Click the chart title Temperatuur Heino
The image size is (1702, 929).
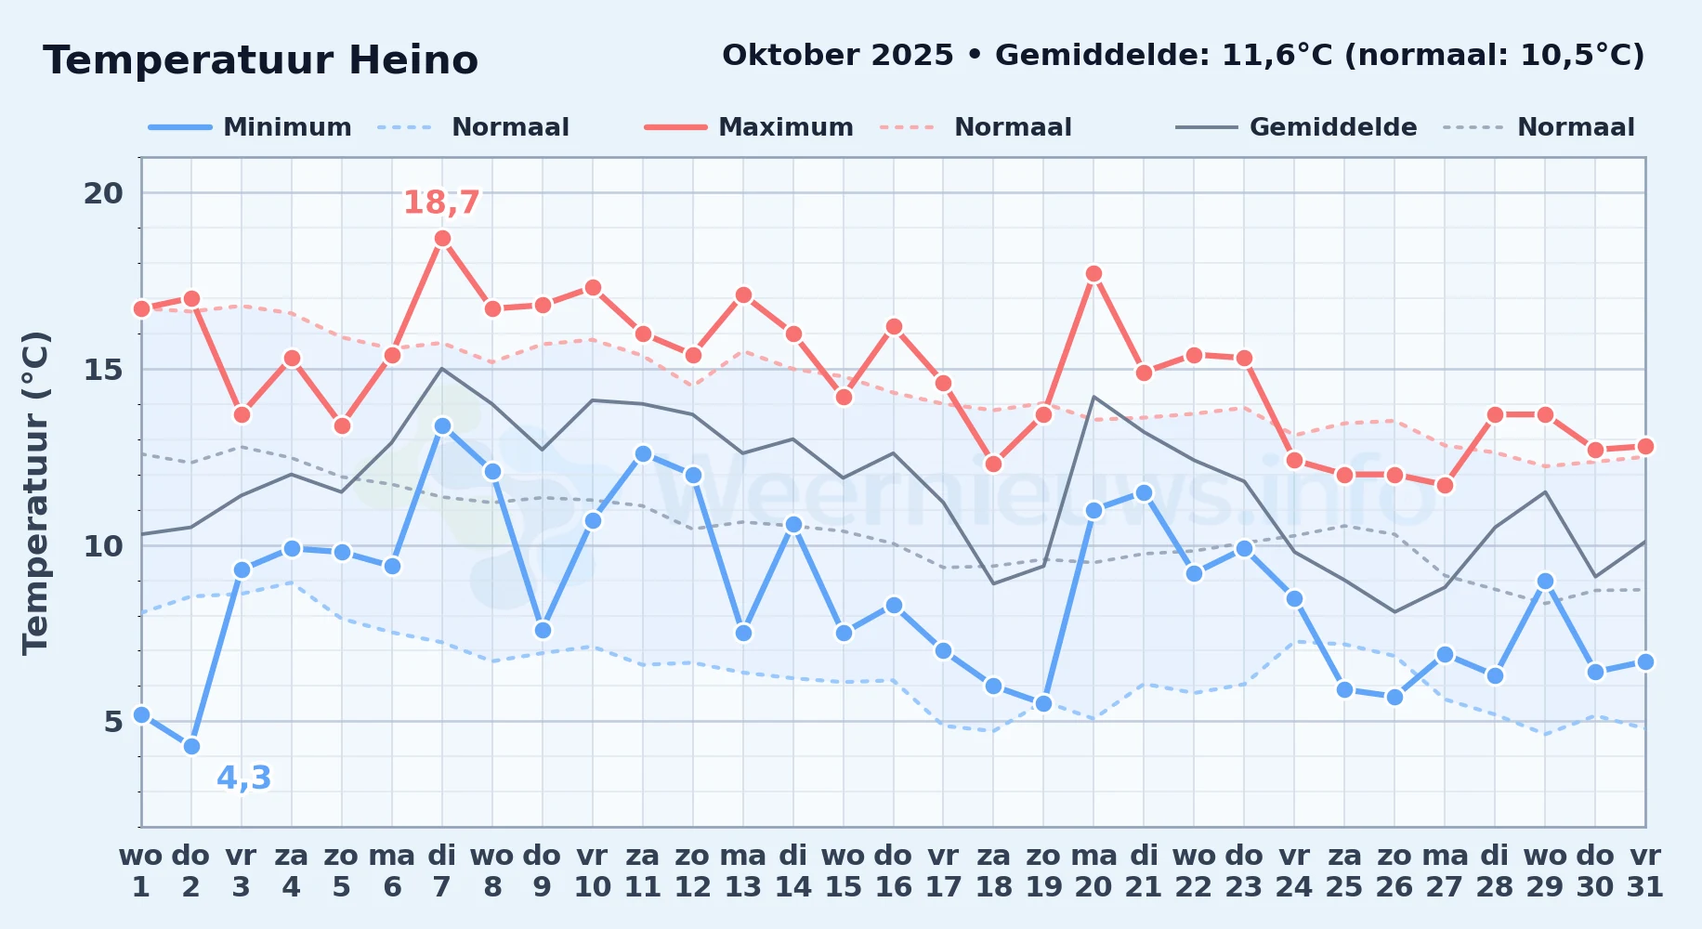(260, 60)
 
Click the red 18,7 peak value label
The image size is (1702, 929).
(441, 203)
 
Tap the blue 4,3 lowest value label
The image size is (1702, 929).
(244, 778)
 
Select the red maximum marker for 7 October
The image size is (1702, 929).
(442, 239)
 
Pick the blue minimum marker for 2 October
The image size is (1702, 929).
(191, 746)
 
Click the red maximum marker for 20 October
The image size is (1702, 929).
(1093, 274)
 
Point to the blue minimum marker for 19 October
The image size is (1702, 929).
(1043, 703)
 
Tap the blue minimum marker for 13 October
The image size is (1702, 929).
(743, 633)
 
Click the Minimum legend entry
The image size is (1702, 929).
(250, 127)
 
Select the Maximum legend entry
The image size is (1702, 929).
(749, 127)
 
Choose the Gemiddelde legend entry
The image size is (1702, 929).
(1296, 127)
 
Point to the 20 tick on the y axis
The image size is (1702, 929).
(103, 193)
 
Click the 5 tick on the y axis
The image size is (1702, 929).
(113, 722)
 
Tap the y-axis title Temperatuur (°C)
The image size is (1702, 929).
(35, 493)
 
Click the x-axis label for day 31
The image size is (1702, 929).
(1645, 870)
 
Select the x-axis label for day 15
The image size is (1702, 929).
(844, 870)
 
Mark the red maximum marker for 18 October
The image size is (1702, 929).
(993, 464)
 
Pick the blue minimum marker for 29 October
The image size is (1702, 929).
(1545, 581)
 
